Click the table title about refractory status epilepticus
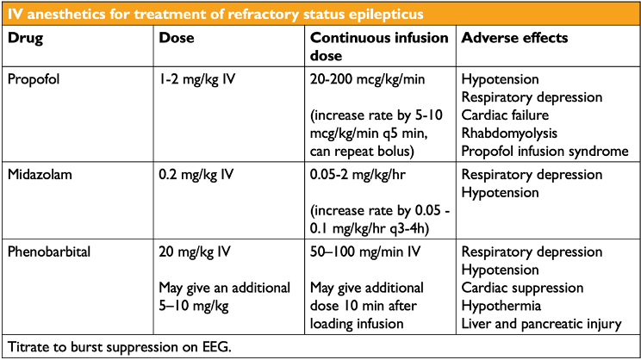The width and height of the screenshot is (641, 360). click(x=215, y=15)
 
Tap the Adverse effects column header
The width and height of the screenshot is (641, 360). click(x=514, y=39)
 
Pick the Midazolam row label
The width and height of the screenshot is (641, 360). click(x=40, y=175)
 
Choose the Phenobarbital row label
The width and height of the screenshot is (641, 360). click(x=49, y=252)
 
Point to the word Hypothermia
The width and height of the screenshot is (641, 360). click(x=504, y=306)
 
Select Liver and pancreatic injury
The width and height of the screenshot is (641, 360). click(x=541, y=324)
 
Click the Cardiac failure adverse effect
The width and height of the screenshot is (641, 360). click(x=506, y=115)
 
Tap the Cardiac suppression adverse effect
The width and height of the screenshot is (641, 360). click(x=523, y=288)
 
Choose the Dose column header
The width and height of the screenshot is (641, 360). click(x=177, y=39)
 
